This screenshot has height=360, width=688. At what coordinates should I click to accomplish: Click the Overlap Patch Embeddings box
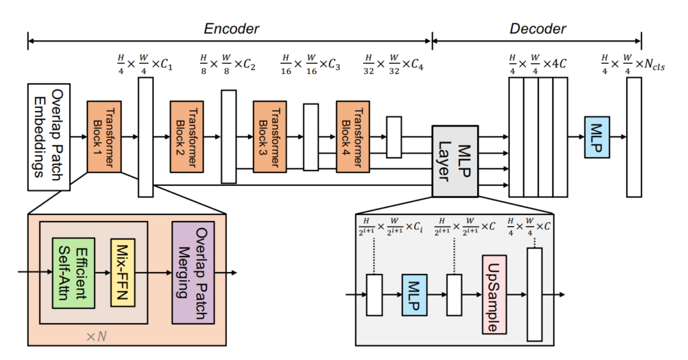(48, 137)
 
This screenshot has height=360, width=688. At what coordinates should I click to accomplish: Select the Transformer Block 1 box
(104, 137)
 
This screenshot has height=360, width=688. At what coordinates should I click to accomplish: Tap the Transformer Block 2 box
(187, 137)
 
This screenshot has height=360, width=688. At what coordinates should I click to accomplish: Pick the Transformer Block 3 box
(270, 137)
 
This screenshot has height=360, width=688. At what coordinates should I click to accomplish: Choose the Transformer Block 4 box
(353, 137)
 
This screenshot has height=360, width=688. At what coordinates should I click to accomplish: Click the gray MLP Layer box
(455, 161)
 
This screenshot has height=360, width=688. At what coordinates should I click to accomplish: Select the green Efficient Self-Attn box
(73, 273)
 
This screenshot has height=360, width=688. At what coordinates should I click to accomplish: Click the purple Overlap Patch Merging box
(193, 273)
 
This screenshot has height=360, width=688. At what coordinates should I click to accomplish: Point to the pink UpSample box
(494, 295)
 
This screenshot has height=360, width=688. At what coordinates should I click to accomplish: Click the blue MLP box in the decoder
(597, 137)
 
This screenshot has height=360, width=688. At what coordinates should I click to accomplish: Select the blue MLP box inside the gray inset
(415, 295)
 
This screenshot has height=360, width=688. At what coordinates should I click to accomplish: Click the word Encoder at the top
(231, 29)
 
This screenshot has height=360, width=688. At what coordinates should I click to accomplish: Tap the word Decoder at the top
(537, 29)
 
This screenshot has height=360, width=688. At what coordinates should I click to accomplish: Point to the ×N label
(97, 336)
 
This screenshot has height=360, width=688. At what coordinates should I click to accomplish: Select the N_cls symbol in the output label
(654, 65)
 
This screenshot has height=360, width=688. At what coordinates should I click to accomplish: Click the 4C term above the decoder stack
(558, 64)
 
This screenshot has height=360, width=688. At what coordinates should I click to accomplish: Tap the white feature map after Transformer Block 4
(394, 137)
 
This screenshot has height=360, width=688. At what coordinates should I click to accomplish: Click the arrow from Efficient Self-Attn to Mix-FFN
(103, 273)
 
